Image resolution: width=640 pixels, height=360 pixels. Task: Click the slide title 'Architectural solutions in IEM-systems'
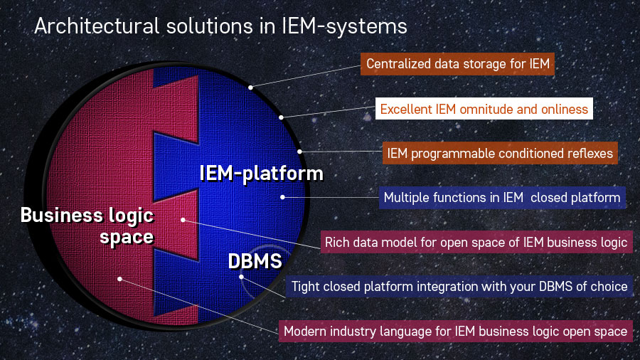tap(220, 26)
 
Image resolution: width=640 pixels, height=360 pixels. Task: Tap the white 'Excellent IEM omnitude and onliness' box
tap(484, 109)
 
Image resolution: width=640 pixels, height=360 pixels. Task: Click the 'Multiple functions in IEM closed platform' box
tap(501, 197)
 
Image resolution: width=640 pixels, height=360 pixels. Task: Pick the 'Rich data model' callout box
tap(476, 242)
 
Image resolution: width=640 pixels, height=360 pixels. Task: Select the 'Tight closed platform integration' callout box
tap(459, 286)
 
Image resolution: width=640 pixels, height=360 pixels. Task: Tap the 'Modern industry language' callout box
tap(455, 331)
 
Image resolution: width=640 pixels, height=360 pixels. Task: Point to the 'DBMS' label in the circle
tap(255, 261)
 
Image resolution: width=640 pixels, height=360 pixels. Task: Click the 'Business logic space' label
tap(87, 226)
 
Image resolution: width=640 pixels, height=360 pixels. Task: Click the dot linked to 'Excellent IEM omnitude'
tap(282, 117)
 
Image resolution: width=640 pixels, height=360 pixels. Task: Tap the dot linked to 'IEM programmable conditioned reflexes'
tap(299, 151)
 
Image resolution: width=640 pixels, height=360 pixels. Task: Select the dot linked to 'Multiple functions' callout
tap(283, 197)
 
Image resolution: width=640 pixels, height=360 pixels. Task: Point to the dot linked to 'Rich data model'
tap(183, 220)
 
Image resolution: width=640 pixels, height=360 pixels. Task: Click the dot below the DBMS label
tap(241, 277)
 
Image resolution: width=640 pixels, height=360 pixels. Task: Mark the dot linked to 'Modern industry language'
tap(120, 279)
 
